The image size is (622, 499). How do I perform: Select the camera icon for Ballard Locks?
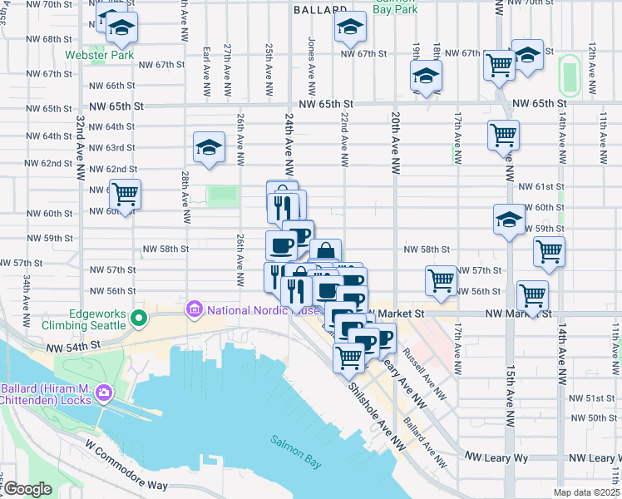click(x=104, y=392)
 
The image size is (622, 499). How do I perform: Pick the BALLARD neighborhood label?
click(x=320, y=10)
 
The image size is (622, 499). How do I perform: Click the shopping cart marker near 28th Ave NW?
click(x=125, y=195)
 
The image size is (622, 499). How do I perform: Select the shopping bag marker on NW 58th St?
click(x=325, y=252)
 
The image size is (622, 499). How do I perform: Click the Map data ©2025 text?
click(x=585, y=492)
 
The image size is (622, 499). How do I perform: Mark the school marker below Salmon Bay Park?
click(x=350, y=28)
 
